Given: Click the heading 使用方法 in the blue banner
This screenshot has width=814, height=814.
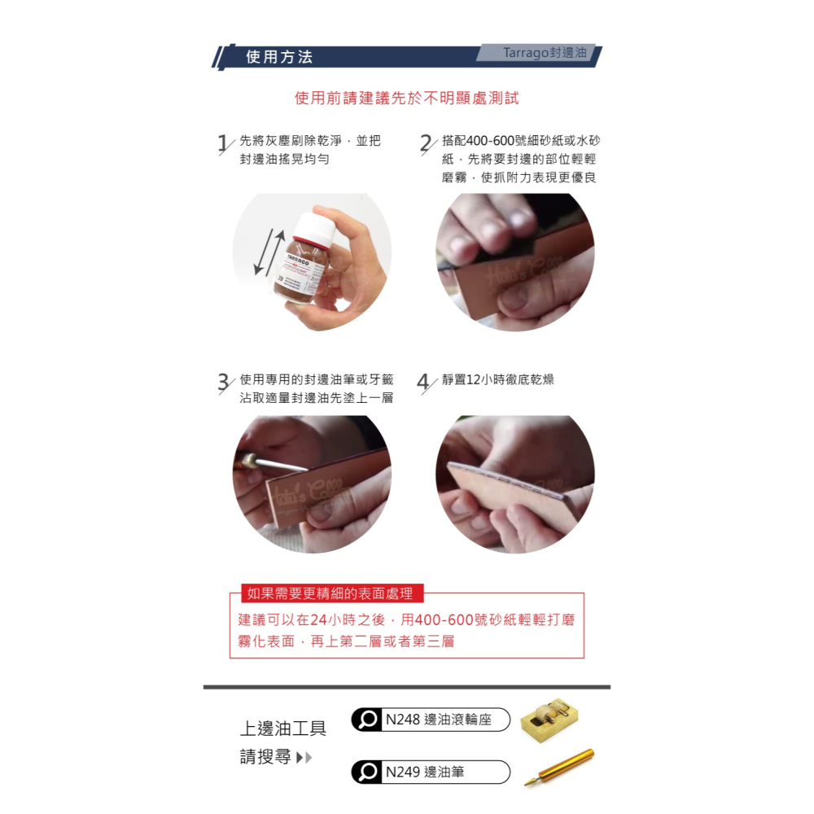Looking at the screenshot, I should point(279,57).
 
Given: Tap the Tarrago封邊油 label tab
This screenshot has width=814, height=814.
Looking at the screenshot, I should point(544,53).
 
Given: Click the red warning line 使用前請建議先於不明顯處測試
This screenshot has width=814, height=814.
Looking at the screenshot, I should point(406,98).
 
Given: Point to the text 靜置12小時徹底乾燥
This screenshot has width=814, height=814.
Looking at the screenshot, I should point(498,380).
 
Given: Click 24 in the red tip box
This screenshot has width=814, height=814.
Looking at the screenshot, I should point(318,620).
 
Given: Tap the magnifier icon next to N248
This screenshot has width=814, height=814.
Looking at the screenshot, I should point(368,720).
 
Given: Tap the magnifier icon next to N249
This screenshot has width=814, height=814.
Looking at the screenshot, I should point(368,772).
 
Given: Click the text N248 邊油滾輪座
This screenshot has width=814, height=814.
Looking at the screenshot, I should point(439,720).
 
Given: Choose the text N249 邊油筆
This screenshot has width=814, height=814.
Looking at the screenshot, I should point(425,772).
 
